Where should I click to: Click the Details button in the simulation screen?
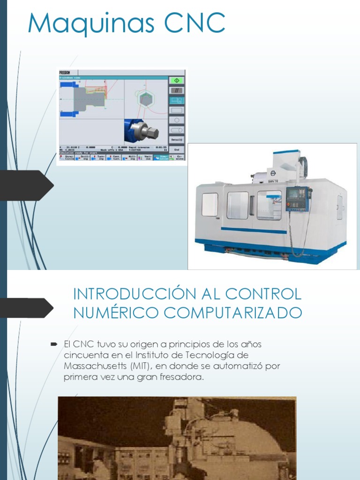pos(177,139)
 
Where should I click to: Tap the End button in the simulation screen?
pos(177,150)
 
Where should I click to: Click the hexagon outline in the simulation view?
pos(146,99)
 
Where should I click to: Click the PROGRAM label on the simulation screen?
pos(65,73)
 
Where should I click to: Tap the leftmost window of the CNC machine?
pos(210,204)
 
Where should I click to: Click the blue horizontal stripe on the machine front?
pos(253,230)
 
